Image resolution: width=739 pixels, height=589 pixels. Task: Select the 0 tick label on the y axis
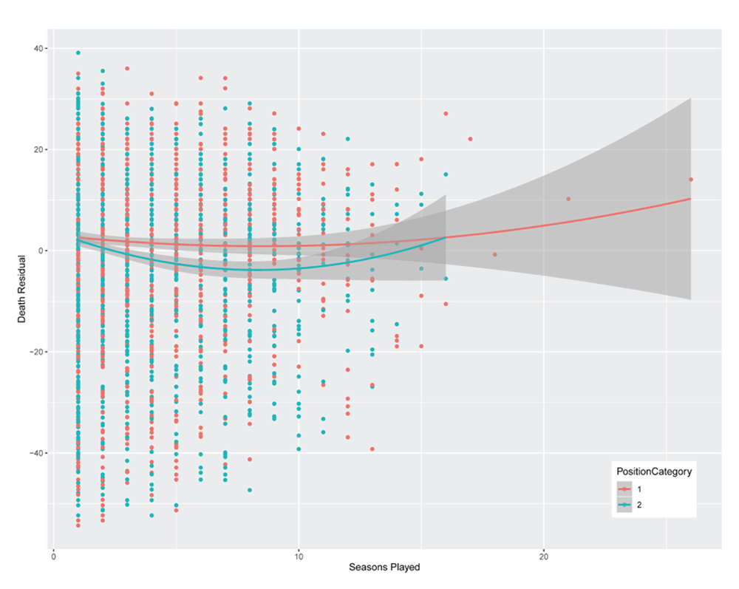[x=42, y=251]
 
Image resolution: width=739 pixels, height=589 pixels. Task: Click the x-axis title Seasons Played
[x=384, y=568]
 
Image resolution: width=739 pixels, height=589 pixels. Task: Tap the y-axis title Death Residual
[x=22, y=285]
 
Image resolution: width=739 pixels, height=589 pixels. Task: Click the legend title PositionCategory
[x=655, y=472]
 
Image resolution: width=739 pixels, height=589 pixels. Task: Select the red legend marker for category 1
[x=625, y=488]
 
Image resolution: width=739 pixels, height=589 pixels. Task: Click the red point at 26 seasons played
[x=690, y=180]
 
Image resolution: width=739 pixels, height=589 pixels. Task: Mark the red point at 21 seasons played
[x=568, y=199]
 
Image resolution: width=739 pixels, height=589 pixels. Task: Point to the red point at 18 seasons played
[x=494, y=255]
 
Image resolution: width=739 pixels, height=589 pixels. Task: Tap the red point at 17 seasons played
[x=470, y=139]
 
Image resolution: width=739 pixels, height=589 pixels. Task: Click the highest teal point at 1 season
[x=78, y=53]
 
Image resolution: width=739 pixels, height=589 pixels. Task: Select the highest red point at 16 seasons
[x=446, y=113]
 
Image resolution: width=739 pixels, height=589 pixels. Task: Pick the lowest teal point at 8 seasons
[x=250, y=490]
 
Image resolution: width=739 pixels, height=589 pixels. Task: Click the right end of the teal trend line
[x=446, y=237]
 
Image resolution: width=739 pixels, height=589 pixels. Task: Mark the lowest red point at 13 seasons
[x=372, y=449]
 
